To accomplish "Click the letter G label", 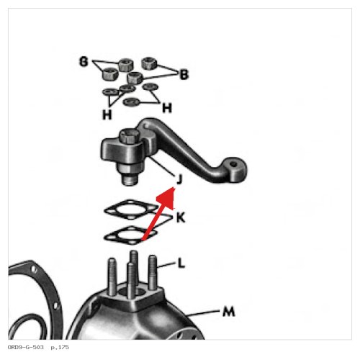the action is pyautogui.click(x=84, y=62).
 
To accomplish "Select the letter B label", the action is pyautogui.click(x=184, y=74).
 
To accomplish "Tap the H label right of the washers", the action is pyautogui.click(x=167, y=108).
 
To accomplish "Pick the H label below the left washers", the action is pyautogui.click(x=107, y=114).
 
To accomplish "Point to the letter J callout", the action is pyautogui.click(x=179, y=179).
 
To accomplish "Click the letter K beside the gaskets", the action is pyautogui.click(x=181, y=218).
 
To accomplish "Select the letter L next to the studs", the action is pyautogui.click(x=181, y=264).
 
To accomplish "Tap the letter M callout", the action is pyautogui.click(x=229, y=312).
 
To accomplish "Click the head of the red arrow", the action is pyautogui.click(x=167, y=197).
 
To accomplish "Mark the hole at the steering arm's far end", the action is pyautogui.click(x=233, y=165).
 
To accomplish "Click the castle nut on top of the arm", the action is pyautogui.click(x=130, y=136).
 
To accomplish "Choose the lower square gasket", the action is pyautogui.click(x=131, y=235).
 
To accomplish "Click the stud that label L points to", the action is pyautogui.click(x=153, y=272).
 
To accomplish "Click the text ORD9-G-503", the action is pyautogui.click(x=26, y=347).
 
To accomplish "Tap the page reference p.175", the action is pyautogui.click(x=60, y=347).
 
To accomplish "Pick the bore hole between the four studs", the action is pyautogui.click(x=131, y=292).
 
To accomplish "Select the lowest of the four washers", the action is pyautogui.click(x=131, y=102).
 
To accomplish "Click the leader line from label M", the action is pyautogui.click(x=204, y=313).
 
